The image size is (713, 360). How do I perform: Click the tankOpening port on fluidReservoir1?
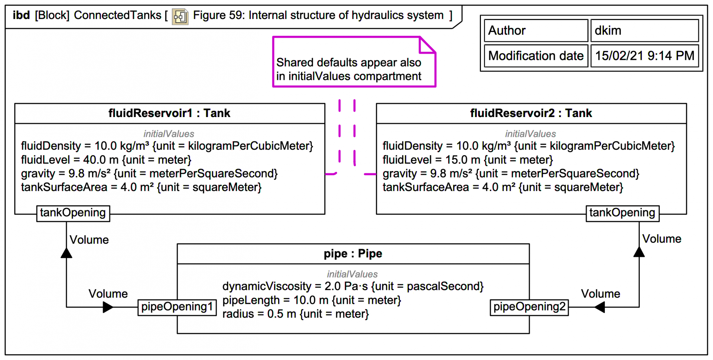tap(73, 213)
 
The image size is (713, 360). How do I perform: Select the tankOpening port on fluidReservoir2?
tap(622, 213)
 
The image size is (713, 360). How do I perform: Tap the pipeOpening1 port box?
tap(177, 307)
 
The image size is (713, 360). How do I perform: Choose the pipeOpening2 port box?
tap(529, 307)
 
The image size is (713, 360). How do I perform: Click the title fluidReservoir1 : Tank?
tap(169, 113)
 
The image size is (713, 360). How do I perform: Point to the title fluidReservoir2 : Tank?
tap(531, 113)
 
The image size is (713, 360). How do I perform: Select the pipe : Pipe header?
tap(353, 254)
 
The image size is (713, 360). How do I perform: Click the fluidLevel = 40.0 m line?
tap(106, 160)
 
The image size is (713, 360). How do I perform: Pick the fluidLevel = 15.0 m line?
tap(468, 160)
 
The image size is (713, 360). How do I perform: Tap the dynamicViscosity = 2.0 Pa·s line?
tap(353, 286)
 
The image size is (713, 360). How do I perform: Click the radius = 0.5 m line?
tap(296, 314)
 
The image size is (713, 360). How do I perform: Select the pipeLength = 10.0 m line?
tap(312, 300)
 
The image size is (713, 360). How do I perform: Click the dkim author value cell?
tap(644, 30)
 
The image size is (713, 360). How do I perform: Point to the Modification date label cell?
tap(536, 56)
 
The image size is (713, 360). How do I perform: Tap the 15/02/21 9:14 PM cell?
tap(644, 56)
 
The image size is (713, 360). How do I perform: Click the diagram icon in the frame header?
tap(180, 16)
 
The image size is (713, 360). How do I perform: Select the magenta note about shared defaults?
tap(349, 69)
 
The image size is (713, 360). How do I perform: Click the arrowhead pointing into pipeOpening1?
tap(108, 307)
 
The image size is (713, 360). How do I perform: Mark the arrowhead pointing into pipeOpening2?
tap(600, 307)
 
